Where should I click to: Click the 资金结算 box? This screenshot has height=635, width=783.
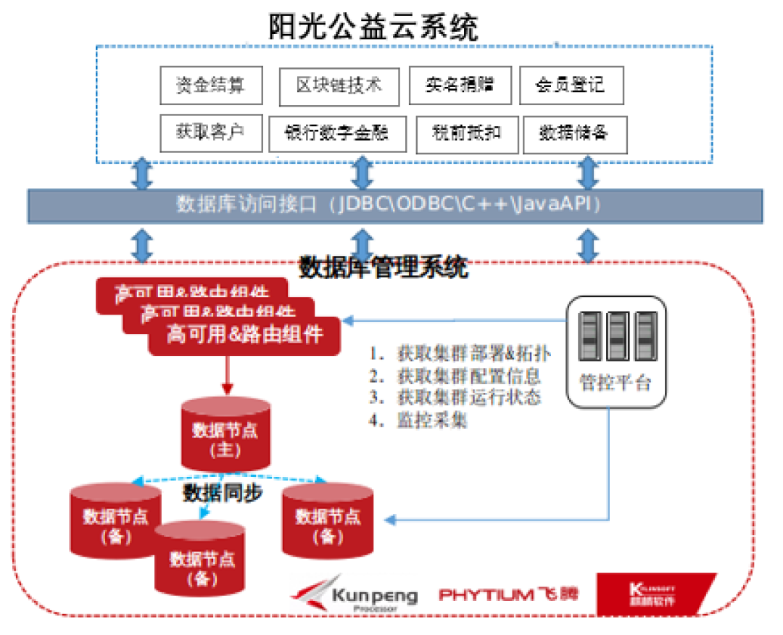click(x=210, y=86)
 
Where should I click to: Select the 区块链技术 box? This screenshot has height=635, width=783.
click(x=339, y=86)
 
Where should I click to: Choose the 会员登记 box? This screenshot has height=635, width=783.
click(x=571, y=86)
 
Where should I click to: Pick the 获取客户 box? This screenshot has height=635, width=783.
click(x=210, y=131)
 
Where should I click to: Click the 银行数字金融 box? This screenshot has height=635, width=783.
click(x=337, y=133)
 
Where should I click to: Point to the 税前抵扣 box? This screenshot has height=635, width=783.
click(x=467, y=133)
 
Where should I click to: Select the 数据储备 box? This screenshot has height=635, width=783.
click(x=574, y=133)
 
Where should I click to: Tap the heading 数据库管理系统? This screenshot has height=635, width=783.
click(x=384, y=267)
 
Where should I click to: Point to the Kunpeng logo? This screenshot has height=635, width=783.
click(x=355, y=596)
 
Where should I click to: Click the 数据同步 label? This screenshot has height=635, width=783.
click(x=222, y=494)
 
